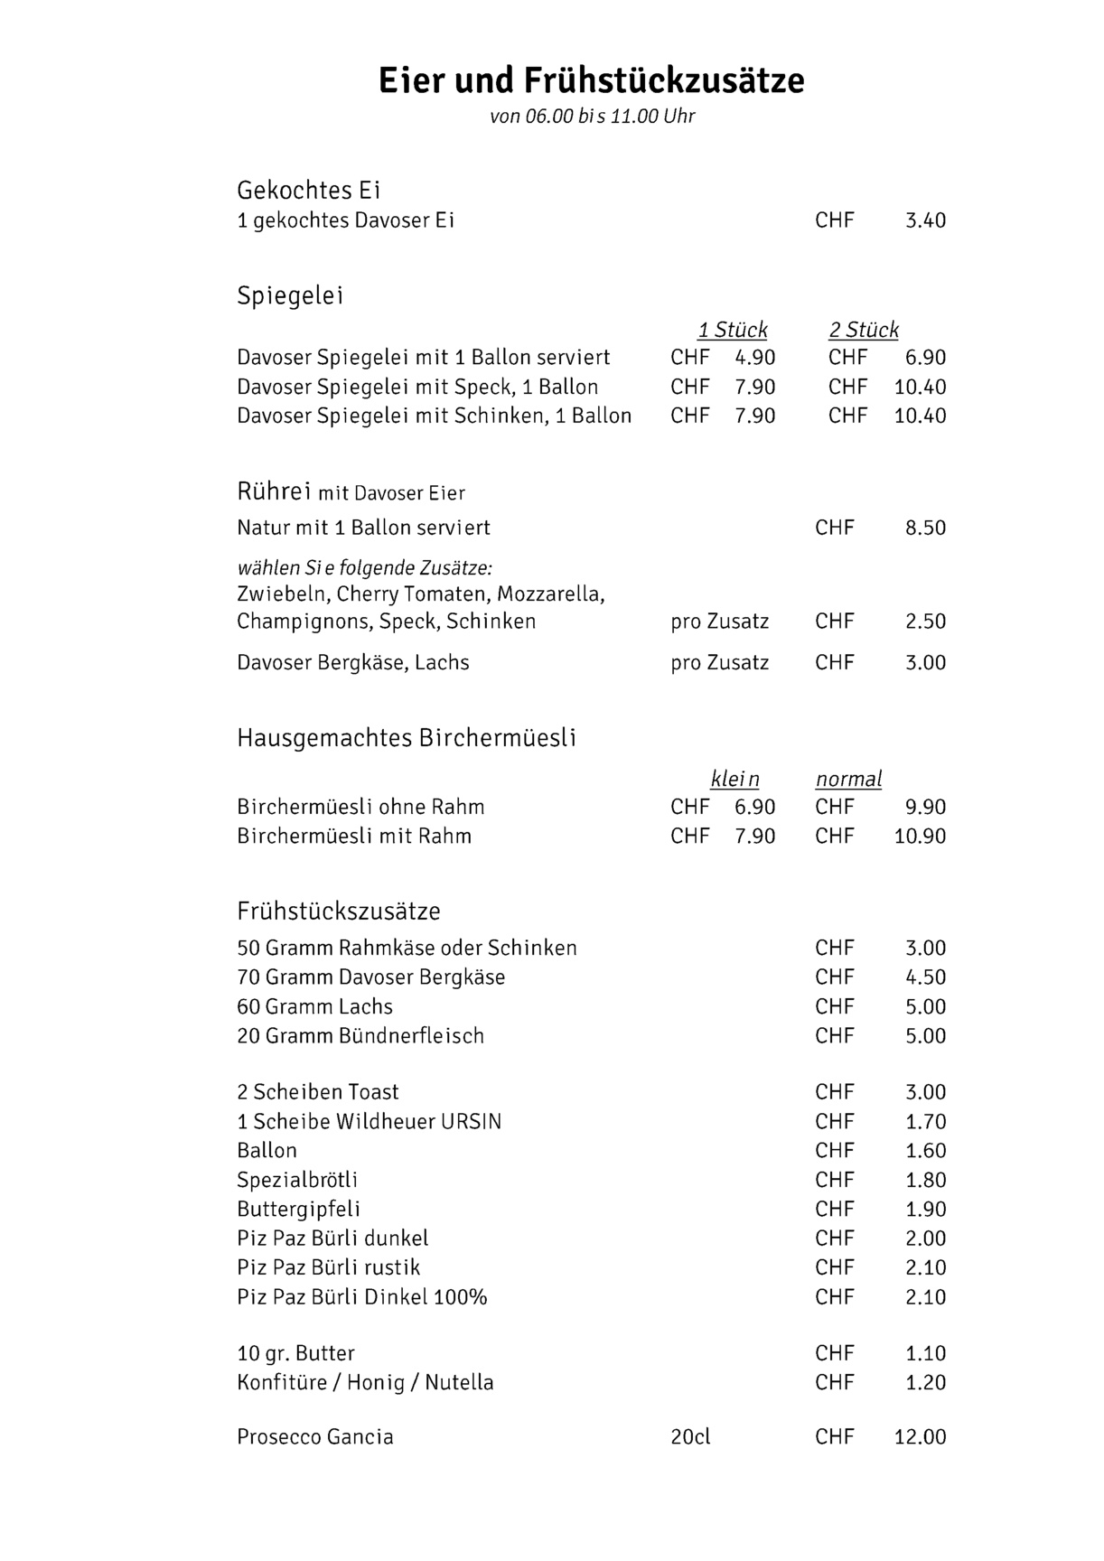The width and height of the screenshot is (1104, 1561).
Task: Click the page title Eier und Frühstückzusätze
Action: point(591,80)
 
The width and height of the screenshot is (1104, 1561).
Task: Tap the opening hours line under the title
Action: point(592,117)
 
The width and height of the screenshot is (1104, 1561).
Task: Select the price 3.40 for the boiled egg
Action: point(925,220)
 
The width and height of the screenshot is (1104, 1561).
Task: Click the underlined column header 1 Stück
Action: point(732,330)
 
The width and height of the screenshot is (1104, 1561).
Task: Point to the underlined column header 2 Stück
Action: point(864,330)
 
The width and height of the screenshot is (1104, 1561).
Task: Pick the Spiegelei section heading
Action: point(290,296)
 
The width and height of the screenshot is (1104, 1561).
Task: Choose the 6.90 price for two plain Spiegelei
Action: point(925,358)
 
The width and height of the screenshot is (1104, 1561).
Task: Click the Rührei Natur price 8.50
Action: point(925,528)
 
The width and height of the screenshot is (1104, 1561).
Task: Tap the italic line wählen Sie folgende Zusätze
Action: point(364,568)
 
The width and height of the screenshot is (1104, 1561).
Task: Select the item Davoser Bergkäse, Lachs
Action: point(353,663)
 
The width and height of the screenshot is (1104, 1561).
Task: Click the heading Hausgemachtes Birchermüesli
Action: point(407,738)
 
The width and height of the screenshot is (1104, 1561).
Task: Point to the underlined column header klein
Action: point(734,779)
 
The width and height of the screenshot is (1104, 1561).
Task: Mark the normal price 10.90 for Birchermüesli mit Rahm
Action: point(920,837)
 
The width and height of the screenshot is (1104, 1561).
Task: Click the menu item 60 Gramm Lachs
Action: point(314,1007)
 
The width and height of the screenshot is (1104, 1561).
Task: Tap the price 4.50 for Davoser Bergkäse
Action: point(925,977)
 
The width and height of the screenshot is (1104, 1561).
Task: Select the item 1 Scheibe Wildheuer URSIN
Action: point(369,1122)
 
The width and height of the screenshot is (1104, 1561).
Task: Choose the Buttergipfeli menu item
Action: point(298,1210)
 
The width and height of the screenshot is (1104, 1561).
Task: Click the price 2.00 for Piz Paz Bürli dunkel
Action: point(925,1239)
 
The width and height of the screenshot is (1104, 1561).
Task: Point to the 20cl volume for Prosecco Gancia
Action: point(690,1437)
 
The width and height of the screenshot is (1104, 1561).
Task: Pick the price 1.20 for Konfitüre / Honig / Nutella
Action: point(925,1383)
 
